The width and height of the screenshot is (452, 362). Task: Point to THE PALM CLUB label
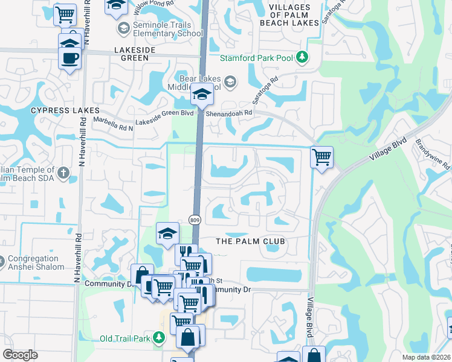[250, 241]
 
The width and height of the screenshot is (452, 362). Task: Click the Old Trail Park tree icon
[158, 338]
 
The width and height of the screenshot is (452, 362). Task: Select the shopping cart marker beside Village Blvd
[322, 157]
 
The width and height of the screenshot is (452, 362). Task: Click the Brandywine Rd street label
[433, 153]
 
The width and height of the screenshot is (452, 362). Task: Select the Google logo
[21, 355]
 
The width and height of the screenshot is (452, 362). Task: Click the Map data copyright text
[427, 357]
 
